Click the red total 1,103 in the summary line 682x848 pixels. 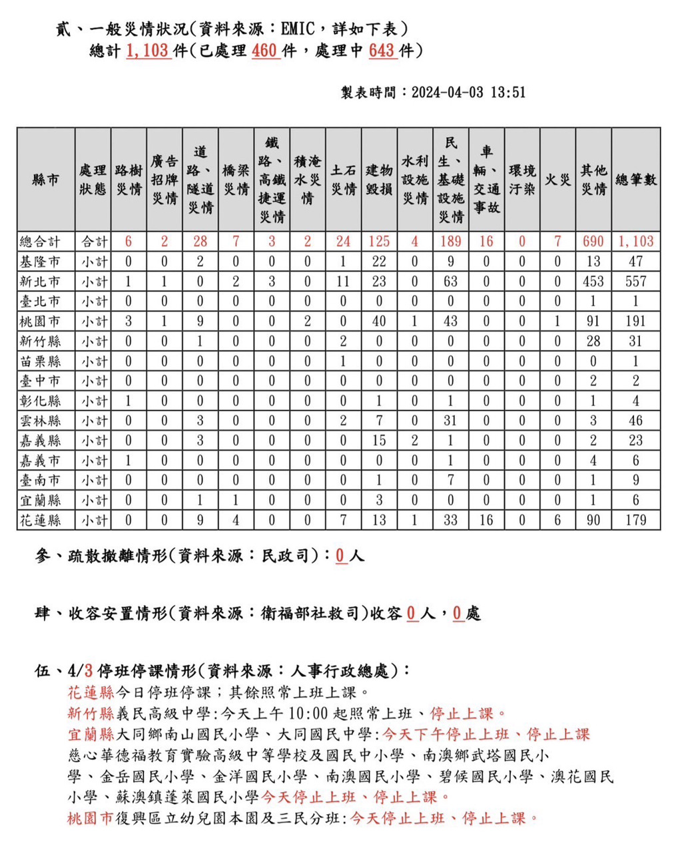(x=147, y=51)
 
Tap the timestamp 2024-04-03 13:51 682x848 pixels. (x=468, y=93)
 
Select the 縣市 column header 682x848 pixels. (x=45, y=180)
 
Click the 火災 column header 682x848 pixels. (x=557, y=180)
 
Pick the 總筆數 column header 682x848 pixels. (x=635, y=180)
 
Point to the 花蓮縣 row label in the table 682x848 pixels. (x=40, y=520)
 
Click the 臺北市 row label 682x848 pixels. (x=40, y=302)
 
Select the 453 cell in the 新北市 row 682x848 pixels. (x=593, y=282)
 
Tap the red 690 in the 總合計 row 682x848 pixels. (x=593, y=242)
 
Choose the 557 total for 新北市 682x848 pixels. (x=635, y=282)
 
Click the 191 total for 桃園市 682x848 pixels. (x=635, y=321)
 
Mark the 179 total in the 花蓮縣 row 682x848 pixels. (x=635, y=520)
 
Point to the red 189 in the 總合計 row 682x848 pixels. (x=450, y=242)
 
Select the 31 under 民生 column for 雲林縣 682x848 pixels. (x=450, y=421)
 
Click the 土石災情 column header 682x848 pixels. (x=343, y=180)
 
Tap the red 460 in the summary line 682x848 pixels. (x=264, y=51)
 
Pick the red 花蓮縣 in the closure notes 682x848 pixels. (x=91, y=692)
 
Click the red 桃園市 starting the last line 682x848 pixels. (x=91, y=818)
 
